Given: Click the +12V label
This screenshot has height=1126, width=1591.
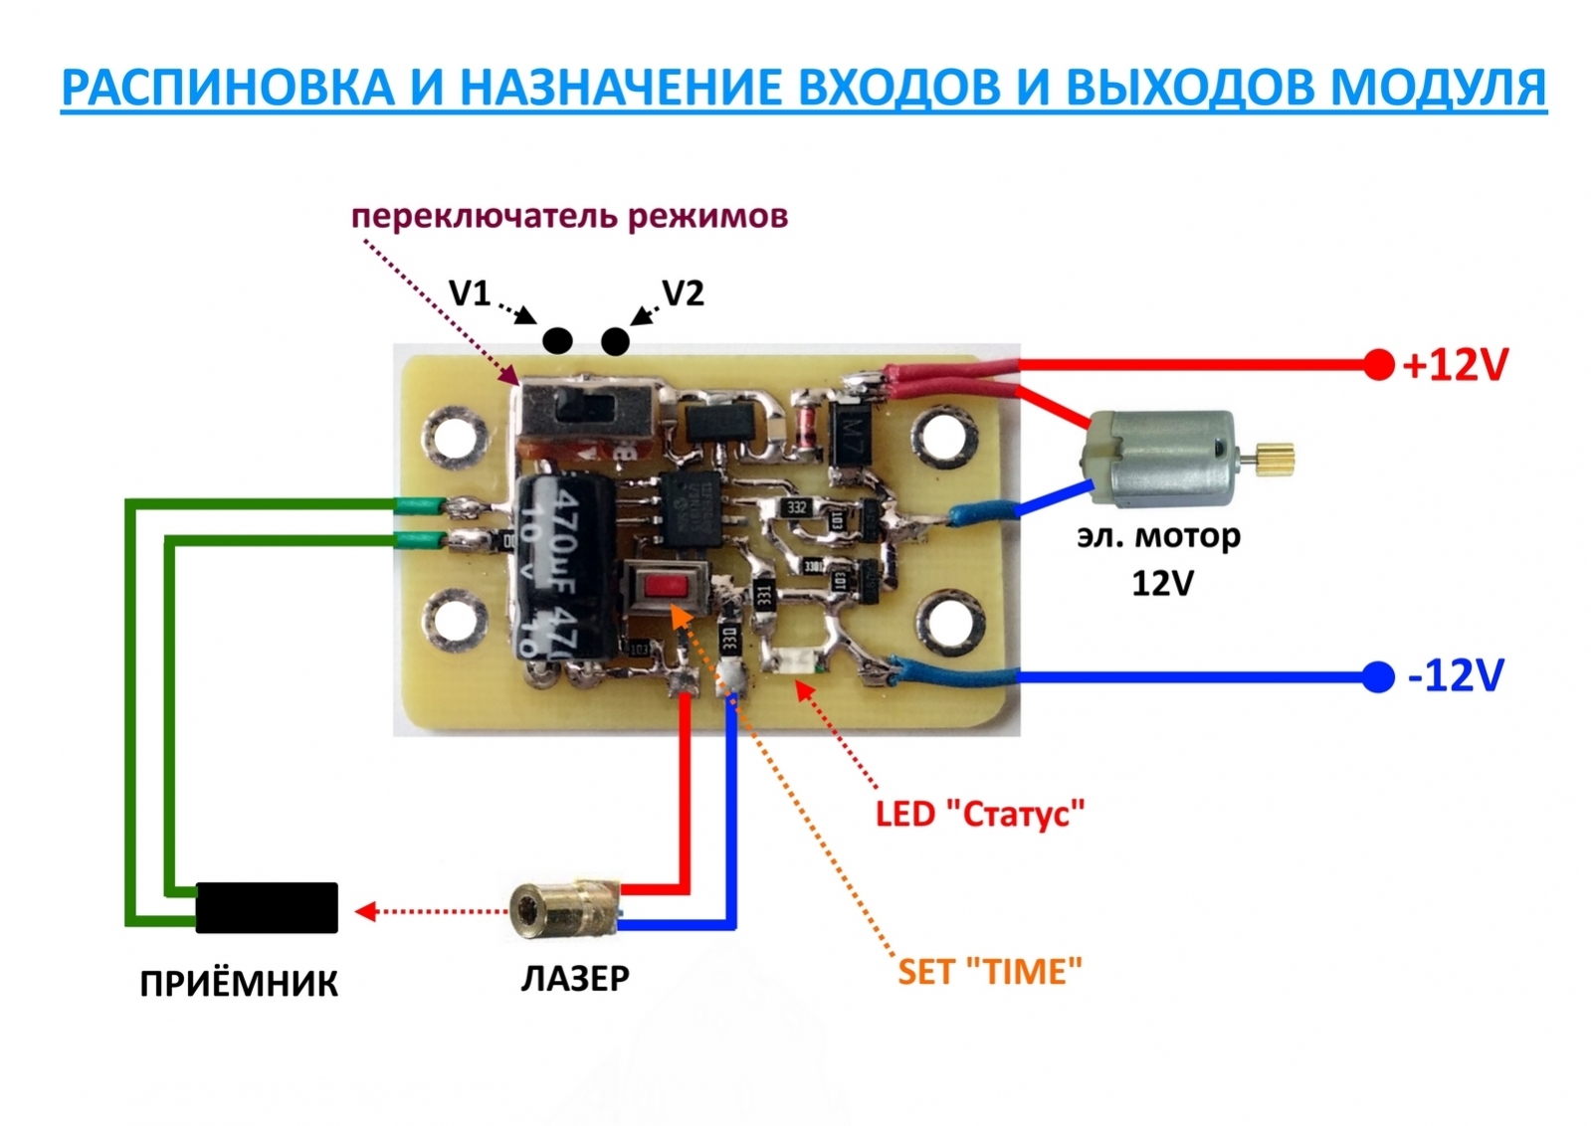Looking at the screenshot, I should pyautogui.click(x=1455, y=366).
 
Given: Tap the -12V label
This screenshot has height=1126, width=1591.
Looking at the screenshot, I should pyautogui.click(x=1455, y=676).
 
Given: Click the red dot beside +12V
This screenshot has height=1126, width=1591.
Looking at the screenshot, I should pyautogui.click(x=1378, y=366).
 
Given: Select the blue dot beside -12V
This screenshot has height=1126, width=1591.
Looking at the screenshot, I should pyautogui.click(x=1378, y=677).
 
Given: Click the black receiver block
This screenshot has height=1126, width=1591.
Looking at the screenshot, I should pyautogui.click(x=267, y=907).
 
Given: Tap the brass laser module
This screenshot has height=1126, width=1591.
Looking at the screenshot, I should pyautogui.click(x=563, y=907).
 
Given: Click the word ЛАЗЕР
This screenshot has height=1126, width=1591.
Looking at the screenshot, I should pyautogui.click(x=575, y=979).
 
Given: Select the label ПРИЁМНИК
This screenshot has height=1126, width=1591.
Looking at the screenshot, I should pyautogui.click(x=239, y=984).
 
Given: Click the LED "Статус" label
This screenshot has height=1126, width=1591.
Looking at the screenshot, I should pyautogui.click(x=979, y=815).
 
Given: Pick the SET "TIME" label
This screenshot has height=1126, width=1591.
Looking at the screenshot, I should pyautogui.click(x=989, y=971).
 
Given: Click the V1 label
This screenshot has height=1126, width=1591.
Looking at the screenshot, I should pyautogui.click(x=470, y=294).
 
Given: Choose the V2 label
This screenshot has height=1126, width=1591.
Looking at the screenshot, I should pyautogui.click(x=683, y=294).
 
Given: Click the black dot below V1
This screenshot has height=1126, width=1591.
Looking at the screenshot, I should pyautogui.click(x=557, y=340).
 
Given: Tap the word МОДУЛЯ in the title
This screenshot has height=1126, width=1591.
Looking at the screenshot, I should pyautogui.click(x=1439, y=88).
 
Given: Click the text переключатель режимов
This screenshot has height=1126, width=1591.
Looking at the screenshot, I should pyautogui.click(x=570, y=216).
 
